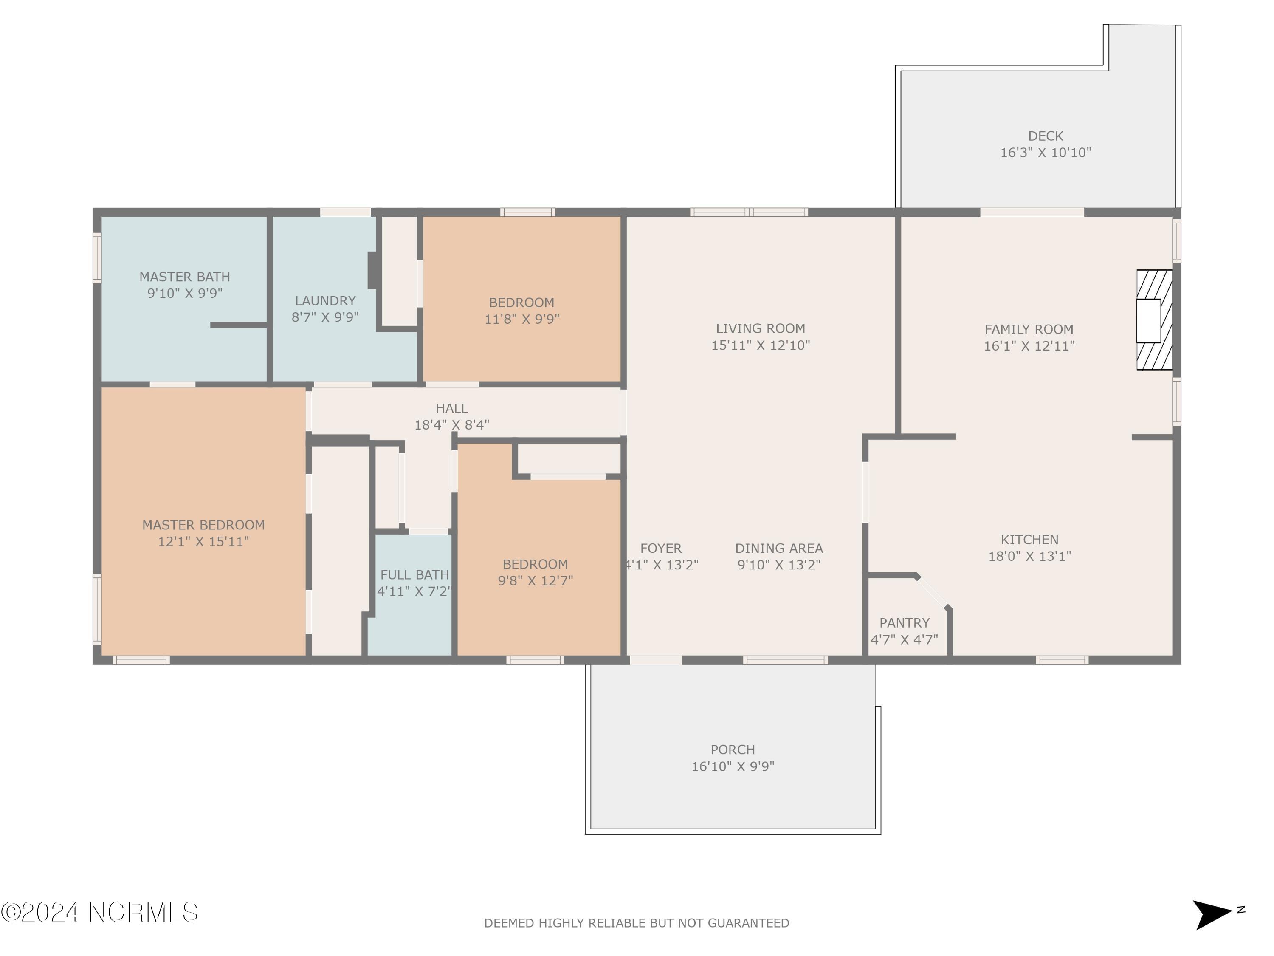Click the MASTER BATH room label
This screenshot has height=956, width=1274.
[184, 277]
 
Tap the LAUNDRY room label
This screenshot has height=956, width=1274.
[325, 301]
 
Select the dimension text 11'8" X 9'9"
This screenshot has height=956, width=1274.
[522, 319]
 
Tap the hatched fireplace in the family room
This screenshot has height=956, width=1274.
[1154, 320]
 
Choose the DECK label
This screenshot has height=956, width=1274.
[1046, 136]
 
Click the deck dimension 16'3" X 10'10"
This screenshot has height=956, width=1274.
[1046, 153]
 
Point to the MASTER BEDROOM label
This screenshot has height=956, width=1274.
[203, 525]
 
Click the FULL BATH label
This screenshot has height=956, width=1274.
[414, 574]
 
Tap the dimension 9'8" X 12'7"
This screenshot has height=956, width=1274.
[535, 581]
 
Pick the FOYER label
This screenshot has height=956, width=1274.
[661, 549]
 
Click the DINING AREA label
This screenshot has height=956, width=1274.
[779, 549]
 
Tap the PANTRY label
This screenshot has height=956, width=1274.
[904, 623]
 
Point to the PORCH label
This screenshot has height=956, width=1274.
[733, 750]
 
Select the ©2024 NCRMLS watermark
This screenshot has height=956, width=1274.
[99, 912]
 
